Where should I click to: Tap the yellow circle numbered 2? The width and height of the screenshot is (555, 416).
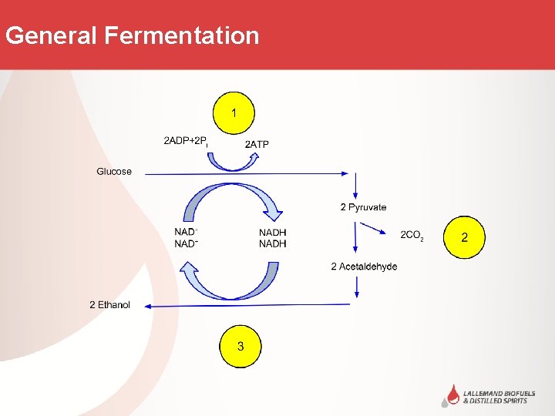click(x=464, y=237)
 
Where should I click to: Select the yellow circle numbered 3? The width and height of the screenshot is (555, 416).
click(x=240, y=347)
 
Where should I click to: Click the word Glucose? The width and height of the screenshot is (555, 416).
click(x=114, y=172)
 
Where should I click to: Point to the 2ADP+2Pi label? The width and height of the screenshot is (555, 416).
click(x=187, y=141)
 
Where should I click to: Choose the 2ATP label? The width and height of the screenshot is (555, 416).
click(x=257, y=144)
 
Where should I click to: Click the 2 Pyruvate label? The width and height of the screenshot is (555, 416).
click(x=363, y=207)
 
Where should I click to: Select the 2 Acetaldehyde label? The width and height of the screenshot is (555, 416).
click(x=364, y=267)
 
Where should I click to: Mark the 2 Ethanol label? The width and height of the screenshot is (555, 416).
click(x=109, y=305)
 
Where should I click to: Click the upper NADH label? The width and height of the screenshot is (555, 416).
click(x=272, y=233)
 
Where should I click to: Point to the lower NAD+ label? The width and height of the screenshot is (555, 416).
click(x=187, y=244)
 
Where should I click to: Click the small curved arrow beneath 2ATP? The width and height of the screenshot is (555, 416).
click(x=235, y=162)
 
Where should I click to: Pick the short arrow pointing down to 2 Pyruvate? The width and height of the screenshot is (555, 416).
click(x=355, y=186)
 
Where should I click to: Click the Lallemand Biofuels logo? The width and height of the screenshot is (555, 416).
click(x=485, y=395)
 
